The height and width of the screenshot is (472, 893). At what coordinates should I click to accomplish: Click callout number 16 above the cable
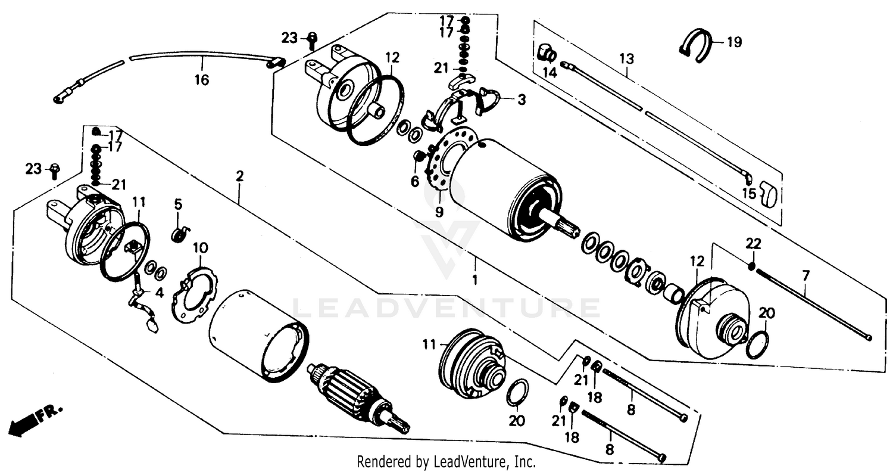click(x=202, y=80)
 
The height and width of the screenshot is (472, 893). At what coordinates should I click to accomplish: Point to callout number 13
click(x=626, y=59)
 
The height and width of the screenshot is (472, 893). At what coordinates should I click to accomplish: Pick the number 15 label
click(x=748, y=194)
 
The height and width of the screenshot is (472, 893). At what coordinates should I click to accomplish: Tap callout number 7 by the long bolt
click(x=805, y=275)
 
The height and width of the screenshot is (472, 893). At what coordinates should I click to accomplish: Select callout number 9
click(x=439, y=211)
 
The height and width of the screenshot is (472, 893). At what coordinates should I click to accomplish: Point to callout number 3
click(x=521, y=100)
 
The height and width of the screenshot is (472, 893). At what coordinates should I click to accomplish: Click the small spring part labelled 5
click(x=178, y=234)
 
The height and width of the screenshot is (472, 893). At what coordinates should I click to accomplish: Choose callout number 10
click(x=201, y=246)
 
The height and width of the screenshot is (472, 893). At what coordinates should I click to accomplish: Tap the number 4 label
click(x=159, y=292)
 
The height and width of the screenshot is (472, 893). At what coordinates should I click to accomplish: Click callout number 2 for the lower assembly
click(x=239, y=176)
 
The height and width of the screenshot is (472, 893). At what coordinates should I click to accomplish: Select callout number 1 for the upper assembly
click(x=475, y=280)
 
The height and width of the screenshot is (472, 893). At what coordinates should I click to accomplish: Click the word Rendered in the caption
click(x=377, y=461)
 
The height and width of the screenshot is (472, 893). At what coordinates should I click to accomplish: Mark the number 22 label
click(x=753, y=244)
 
